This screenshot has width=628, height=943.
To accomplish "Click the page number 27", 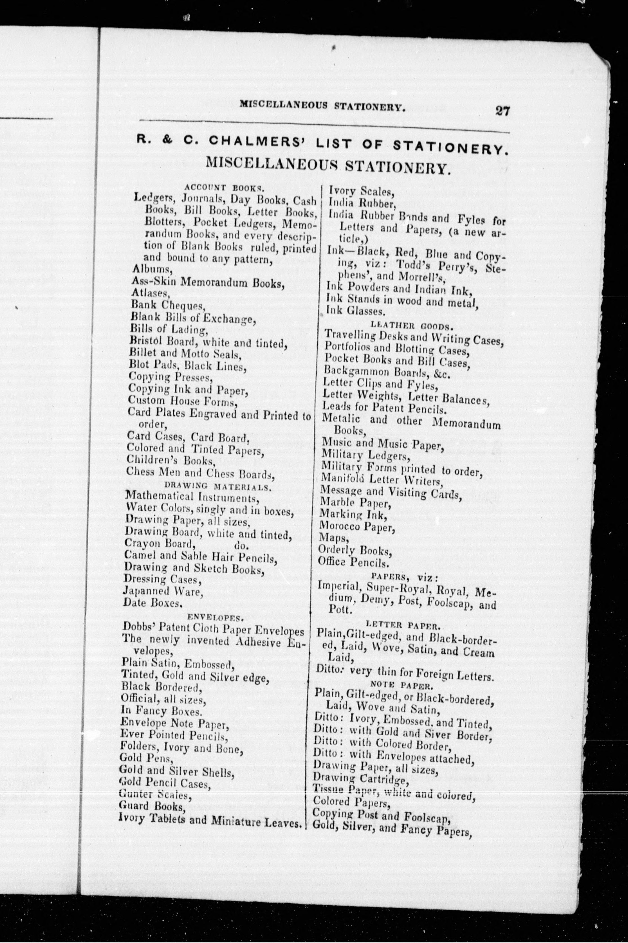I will click(502, 110).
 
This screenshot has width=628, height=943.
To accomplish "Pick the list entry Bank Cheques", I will click(168, 306).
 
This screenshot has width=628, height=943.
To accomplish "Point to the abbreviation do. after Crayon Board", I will click(241, 545).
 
